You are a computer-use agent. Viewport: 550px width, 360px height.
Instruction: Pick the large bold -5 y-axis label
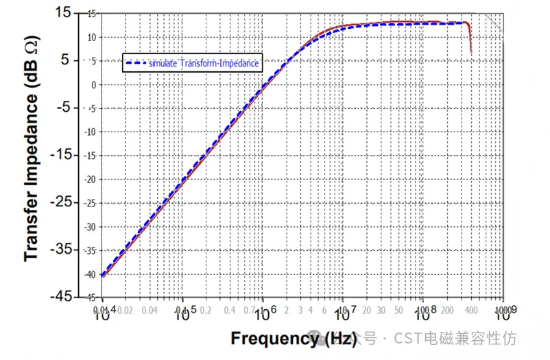[x=64, y=107]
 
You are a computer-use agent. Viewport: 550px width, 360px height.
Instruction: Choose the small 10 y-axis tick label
[x=91, y=37]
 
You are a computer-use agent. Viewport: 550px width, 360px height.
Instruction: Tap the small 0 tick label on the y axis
[x=93, y=84]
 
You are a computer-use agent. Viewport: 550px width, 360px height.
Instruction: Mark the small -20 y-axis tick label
[x=90, y=179]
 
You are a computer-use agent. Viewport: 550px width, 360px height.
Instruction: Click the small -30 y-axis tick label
[x=90, y=226]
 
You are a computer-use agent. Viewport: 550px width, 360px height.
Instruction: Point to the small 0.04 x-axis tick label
[x=150, y=310]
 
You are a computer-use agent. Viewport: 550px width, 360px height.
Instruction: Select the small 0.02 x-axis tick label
[x=125, y=310]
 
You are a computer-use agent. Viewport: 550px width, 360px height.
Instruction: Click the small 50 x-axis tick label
[x=398, y=310]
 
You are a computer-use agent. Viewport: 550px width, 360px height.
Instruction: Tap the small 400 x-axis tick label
[x=471, y=310]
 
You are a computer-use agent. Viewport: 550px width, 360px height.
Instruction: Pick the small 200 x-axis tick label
[x=447, y=310]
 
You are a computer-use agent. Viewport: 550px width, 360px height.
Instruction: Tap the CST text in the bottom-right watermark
[x=406, y=338]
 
